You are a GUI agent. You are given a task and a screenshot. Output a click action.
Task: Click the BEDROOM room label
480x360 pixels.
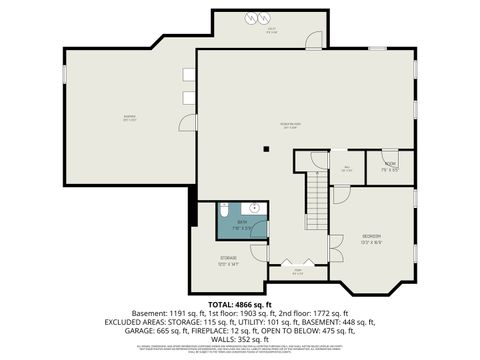pyautogui.click(x=371, y=235)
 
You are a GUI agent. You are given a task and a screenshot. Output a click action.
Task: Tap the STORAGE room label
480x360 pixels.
pyautogui.click(x=229, y=257)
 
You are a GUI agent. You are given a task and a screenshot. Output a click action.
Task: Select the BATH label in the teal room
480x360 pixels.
pyautogui.click(x=240, y=222)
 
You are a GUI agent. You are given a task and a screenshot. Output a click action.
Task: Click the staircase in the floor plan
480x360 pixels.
pyautogui.click(x=316, y=190)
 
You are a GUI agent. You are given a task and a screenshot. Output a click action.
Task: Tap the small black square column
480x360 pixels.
pyautogui.click(x=266, y=150)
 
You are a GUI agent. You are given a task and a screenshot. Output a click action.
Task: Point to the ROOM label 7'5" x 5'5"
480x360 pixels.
pyautogui.click(x=389, y=163)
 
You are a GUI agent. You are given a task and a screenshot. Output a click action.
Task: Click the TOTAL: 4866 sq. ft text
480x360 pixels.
pyautogui.click(x=240, y=303)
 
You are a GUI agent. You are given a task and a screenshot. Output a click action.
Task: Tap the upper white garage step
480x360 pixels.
pyautogui.click(x=188, y=73)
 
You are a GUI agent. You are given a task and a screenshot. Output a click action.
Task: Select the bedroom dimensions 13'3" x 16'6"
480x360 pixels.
pyautogui.click(x=371, y=242)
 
